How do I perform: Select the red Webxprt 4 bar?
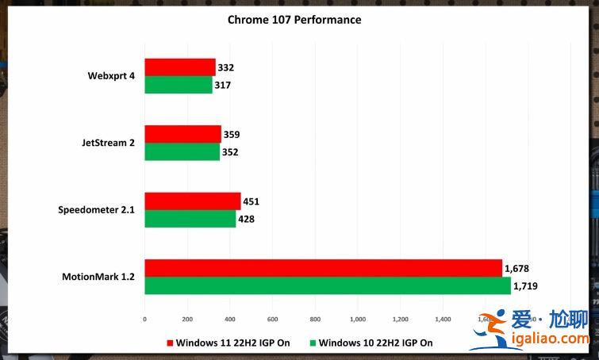coord(179,67)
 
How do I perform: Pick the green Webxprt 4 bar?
coord(178,85)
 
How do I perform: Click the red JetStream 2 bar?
coord(182,134)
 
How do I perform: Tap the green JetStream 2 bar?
coord(182,151)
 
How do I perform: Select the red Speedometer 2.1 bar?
coord(192,201)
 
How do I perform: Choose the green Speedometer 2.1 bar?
coord(190,219)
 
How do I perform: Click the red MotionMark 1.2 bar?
coord(323,268)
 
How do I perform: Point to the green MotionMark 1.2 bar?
coord(327,286)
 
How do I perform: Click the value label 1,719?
coord(529,286)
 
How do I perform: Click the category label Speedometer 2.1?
coord(95,210)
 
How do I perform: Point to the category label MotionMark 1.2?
coord(98,277)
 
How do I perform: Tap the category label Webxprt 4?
coord(111,76)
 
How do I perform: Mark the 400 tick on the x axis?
coord(229,319)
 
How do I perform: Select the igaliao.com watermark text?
coord(549,339)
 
